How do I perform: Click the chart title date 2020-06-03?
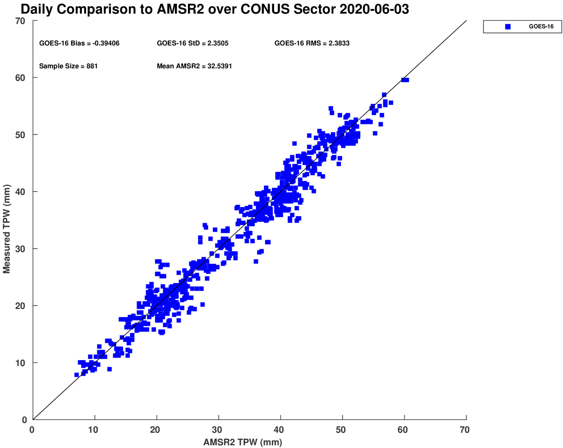coord(374,9)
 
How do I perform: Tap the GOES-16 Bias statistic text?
coord(79,43)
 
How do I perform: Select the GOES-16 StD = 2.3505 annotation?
coord(192,43)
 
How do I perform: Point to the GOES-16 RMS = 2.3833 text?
coord(312,43)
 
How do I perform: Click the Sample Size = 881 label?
coord(68,66)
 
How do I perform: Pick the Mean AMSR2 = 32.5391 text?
coord(194,66)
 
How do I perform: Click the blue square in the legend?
coord(508,27)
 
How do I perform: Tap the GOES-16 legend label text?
coord(541,26)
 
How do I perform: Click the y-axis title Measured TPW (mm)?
coord(6,229)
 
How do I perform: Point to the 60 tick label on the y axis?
coord(20,78)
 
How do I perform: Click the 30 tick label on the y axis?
coord(20,249)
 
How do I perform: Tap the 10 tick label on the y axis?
coord(20,363)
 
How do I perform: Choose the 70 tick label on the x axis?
coord(464,430)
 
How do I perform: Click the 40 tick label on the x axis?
coord(279,430)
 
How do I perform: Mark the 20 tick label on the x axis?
coord(155,430)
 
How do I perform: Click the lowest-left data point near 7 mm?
coord(77,375)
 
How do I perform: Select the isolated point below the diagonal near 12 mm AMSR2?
coord(110,369)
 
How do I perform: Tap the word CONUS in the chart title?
coord(265,9)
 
